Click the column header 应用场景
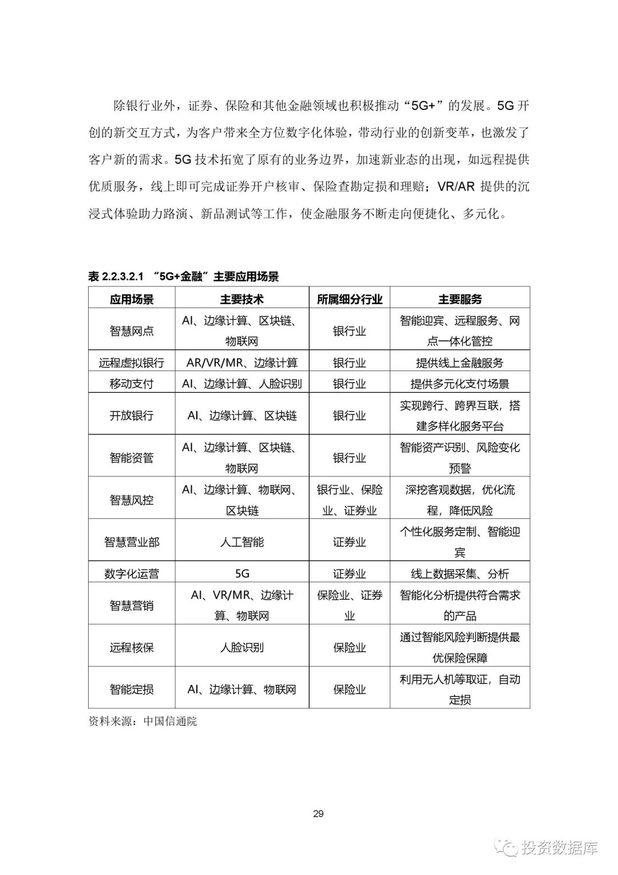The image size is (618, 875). coord(132,299)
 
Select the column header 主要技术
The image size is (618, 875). coord(242,299)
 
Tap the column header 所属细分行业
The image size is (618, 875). coord(350,299)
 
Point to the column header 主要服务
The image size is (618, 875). coord(460,299)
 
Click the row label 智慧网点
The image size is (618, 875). coord(132,331)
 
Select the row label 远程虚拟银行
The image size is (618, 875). coord(132,362)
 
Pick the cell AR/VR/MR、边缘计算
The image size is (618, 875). coord(242,362)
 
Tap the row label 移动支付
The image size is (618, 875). coord(132,384)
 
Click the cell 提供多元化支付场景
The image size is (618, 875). coord(460,384)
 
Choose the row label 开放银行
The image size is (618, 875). coord(132,416)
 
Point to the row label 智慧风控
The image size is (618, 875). coord(132,500)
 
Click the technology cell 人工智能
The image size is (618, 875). coord(242,542)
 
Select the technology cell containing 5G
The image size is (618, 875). coord(242,574)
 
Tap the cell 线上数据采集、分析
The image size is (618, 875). coord(460,574)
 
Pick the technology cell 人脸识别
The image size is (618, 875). coord(242,648)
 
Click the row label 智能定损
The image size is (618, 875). coord(132,689)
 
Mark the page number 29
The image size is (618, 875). coord(319,814)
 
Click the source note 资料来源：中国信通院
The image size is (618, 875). coord(142,722)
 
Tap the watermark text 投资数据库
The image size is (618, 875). coord(559,848)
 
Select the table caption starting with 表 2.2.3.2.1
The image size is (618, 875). coord(183,277)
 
